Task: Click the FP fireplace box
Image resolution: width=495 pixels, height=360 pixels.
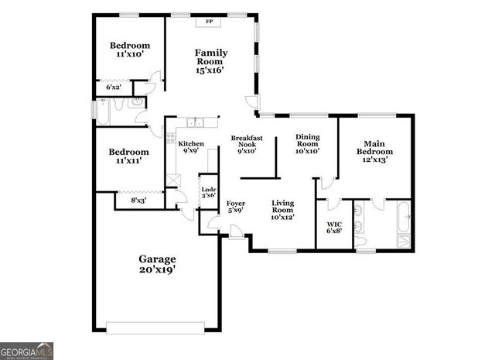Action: tap(209, 22)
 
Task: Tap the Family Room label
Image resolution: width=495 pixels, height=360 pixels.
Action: tap(210, 61)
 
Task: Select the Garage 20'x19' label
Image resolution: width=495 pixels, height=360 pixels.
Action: tap(157, 264)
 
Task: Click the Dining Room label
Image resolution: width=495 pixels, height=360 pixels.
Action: tap(308, 143)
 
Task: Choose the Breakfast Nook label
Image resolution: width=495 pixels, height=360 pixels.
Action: tap(247, 145)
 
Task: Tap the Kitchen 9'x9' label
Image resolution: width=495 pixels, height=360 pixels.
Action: tap(191, 147)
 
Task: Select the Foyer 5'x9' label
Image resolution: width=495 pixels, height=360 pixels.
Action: tap(235, 207)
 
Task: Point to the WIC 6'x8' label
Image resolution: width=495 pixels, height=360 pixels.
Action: tap(334, 227)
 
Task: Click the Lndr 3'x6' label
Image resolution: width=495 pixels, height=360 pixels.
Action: tap(208, 193)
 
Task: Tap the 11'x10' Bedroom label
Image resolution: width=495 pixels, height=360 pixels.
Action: tap(129, 50)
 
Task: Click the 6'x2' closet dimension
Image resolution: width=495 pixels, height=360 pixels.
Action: tap(114, 87)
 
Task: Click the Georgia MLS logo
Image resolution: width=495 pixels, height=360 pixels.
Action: tap(27, 351)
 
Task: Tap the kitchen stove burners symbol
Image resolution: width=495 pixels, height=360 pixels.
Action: tap(169, 139)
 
